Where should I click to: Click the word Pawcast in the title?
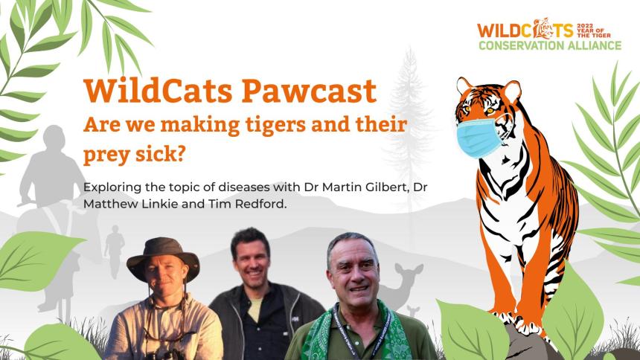pos(309,91)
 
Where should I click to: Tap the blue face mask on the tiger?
pos(479,138)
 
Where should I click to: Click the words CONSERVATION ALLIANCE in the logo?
pos(550,45)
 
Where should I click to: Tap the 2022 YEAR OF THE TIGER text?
pos(594,30)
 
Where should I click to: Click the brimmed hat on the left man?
pos(163,257)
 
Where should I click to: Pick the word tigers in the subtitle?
pos(275,125)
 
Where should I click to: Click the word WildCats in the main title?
pos(158,91)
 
